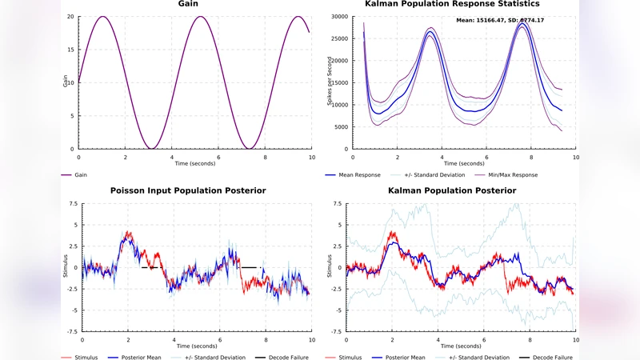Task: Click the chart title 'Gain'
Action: click(x=189, y=4)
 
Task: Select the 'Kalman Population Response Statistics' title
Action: click(x=451, y=4)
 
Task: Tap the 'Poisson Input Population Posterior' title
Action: click(x=188, y=190)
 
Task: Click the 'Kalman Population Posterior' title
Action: click(x=452, y=190)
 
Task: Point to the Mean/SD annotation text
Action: click(x=500, y=20)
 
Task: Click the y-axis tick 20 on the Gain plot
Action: click(x=70, y=17)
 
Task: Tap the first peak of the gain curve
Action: click(x=103, y=17)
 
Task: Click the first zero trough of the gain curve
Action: click(x=150, y=149)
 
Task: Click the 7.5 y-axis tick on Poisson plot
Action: click(x=73, y=204)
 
